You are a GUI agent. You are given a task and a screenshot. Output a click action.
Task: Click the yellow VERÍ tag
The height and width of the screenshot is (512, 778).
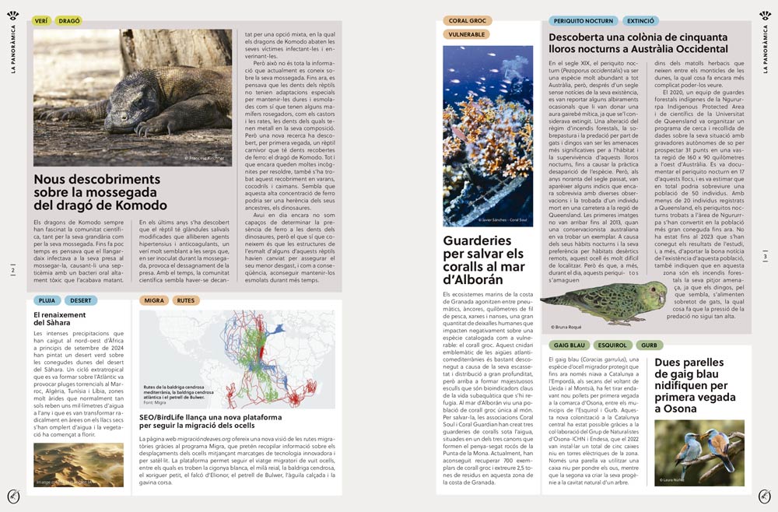pos(42,21)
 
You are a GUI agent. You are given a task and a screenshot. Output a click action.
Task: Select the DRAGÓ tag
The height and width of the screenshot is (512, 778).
pos(68,21)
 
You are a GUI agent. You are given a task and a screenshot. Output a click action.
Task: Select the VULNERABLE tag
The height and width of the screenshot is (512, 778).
pos(467,34)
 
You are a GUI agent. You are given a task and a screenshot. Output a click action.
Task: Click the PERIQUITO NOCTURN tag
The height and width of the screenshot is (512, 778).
pos(583,21)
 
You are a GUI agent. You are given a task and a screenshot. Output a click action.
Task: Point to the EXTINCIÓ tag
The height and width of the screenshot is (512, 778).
pos(640,21)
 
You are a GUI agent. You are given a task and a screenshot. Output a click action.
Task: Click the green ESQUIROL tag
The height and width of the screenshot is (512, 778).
pos(613,345)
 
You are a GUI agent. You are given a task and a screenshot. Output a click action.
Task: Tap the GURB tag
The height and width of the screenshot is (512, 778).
pos(650,345)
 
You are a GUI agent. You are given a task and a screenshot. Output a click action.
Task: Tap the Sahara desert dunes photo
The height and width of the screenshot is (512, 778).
pos(78,465)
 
